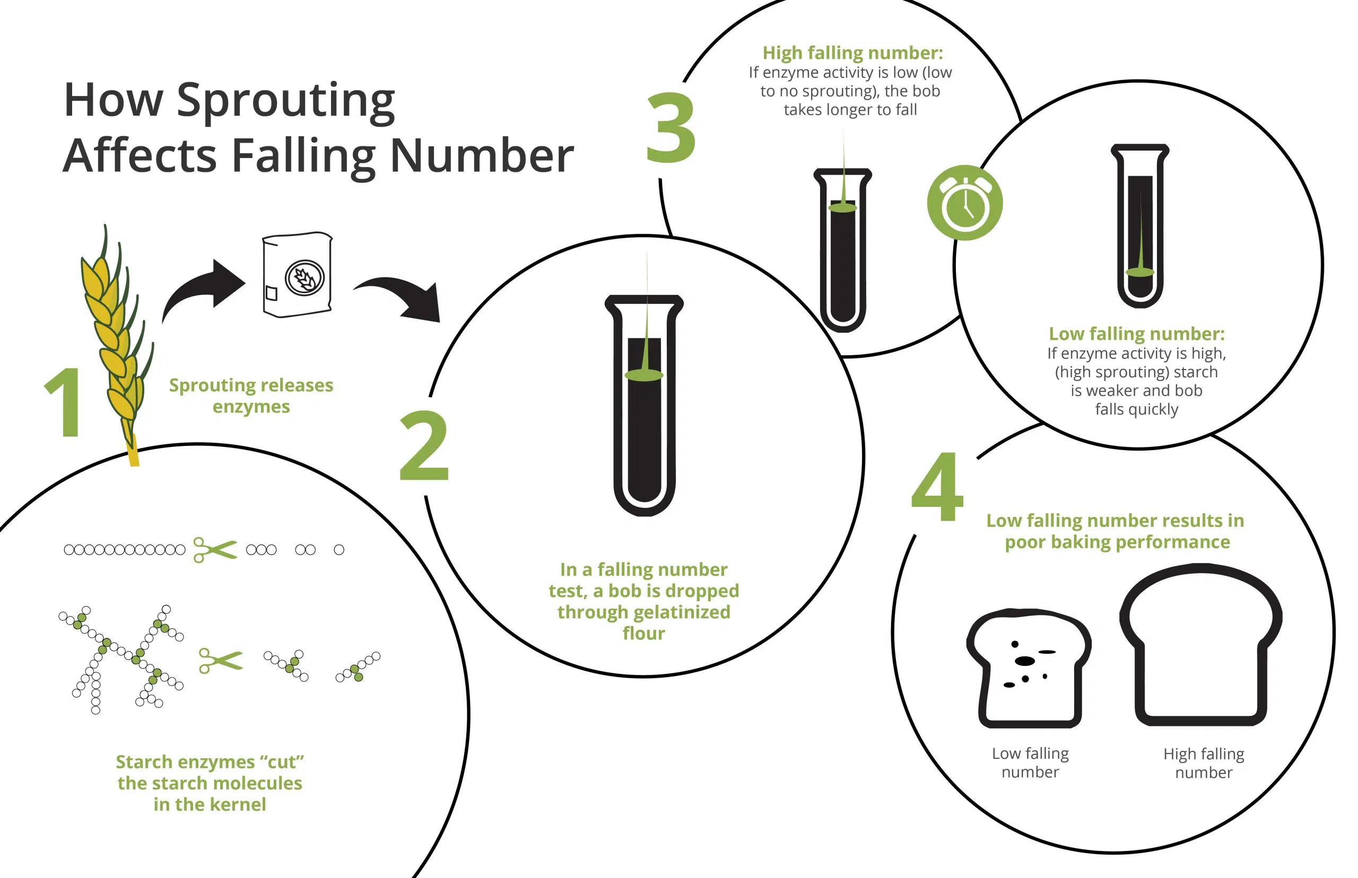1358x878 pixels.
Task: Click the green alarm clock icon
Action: tap(964, 203)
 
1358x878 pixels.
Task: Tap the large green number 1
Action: tap(64, 402)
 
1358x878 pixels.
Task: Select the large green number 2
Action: tap(424, 445)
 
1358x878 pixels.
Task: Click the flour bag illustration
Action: tap(297, 274)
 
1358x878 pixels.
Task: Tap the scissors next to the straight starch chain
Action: tap(215, 550)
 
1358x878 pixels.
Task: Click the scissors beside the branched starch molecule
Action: tap(220, 661)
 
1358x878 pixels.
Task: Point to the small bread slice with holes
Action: tap(1029, 668)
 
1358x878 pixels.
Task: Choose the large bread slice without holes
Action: tap(1201, 644)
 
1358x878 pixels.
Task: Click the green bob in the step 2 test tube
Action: tap(644, 374)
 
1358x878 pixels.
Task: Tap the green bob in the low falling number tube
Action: tap(1139, 272)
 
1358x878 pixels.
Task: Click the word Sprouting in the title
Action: tap(286, 101)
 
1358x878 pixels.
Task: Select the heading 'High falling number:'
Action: tap(852, 53)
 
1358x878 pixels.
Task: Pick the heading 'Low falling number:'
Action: tap(1137, 333)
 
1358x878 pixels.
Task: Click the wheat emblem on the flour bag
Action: tap(304, 278)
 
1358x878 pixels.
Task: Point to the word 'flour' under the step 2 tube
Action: tap(643, 634)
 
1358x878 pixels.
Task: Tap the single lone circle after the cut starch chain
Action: tap(339, 550)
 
